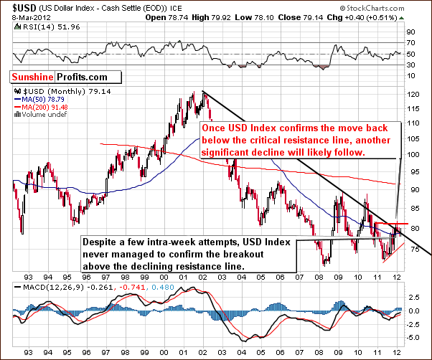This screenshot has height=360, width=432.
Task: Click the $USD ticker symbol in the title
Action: tap(15, 6)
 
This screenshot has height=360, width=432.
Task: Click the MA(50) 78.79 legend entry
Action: tap(40, 100)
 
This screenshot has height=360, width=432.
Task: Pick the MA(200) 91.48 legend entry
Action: tap(42, 108)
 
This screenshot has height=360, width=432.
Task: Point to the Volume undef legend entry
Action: tap(39, 115)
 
